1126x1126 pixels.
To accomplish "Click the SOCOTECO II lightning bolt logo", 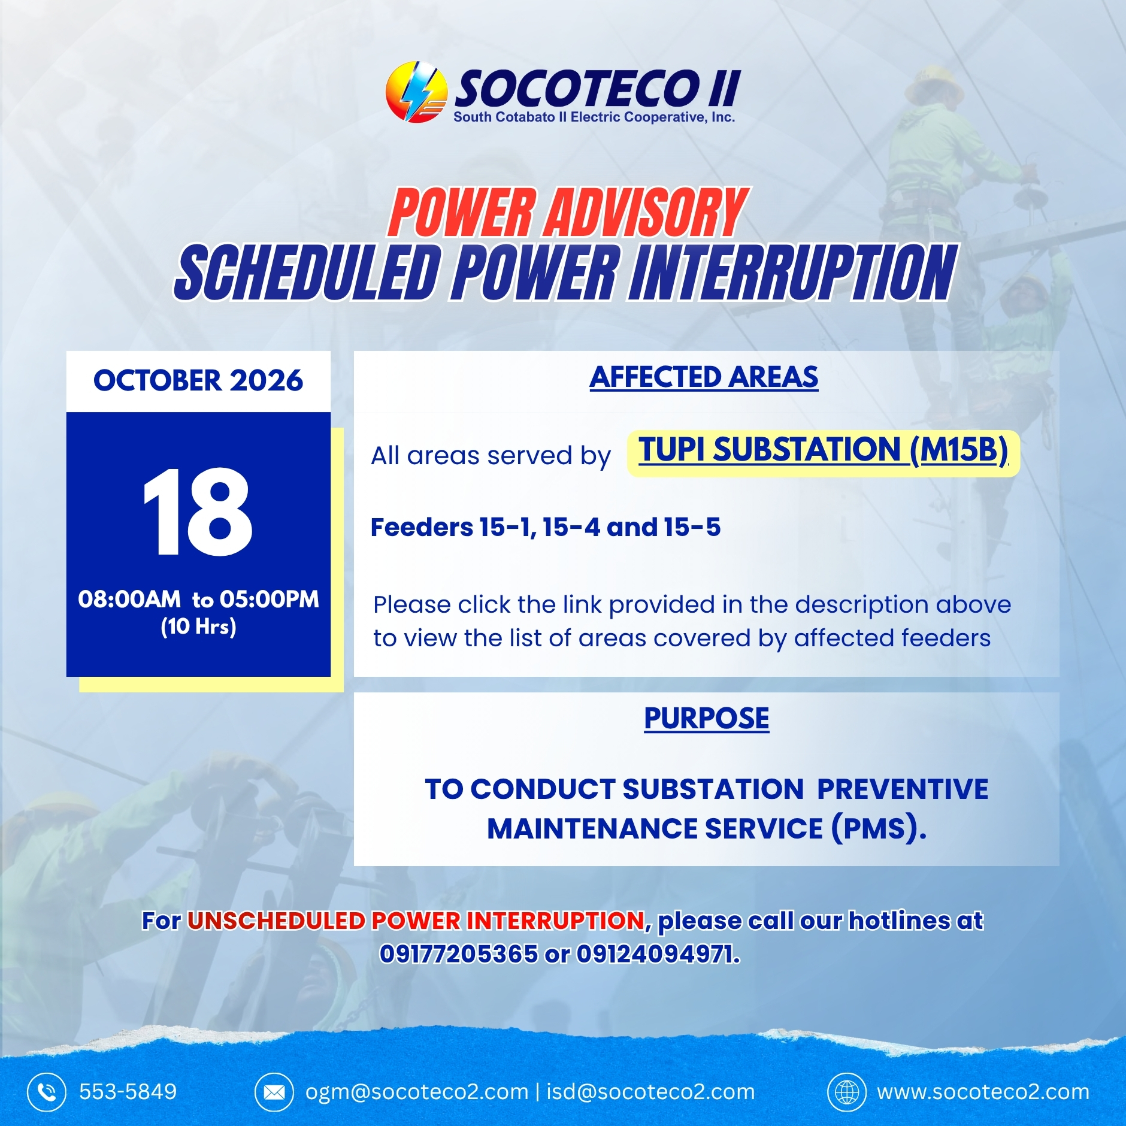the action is (416, 92).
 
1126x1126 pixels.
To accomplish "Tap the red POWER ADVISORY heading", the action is (568, 213).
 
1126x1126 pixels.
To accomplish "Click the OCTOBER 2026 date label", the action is (198, 381).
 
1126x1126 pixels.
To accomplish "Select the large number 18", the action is (198, 512).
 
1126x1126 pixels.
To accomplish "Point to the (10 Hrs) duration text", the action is (198, 626).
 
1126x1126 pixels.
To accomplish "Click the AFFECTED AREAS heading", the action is (704, 377).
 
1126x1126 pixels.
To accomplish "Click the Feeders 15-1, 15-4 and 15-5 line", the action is (546, 528).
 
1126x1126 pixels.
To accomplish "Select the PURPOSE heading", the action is (707, 718).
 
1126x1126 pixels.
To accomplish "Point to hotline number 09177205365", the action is (459, 954).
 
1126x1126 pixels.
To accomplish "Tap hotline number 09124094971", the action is (658, 954).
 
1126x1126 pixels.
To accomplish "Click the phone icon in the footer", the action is (47, 1092).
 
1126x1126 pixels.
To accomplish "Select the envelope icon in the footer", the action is (274, 1092).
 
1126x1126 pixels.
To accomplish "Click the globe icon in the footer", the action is (847, 1092).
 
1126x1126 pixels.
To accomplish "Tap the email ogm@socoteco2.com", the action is (417, 1092).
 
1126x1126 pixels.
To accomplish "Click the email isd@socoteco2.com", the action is (651, 1092).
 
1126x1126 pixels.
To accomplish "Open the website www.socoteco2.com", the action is (983, 1092).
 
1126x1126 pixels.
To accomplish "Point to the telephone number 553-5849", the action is (128, 1092).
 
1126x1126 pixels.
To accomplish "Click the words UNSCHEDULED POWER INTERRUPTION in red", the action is (416, 921).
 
